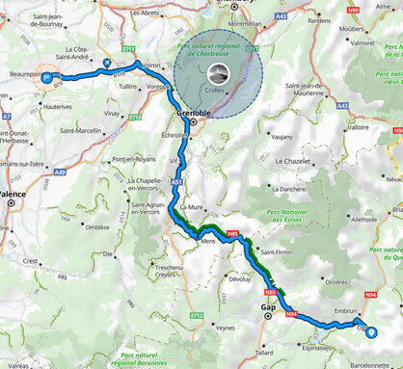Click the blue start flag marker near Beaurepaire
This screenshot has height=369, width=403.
pyautogui.click(x=46, y=79)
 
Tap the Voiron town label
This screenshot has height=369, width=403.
pyautogui.click(x=152, y=66)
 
